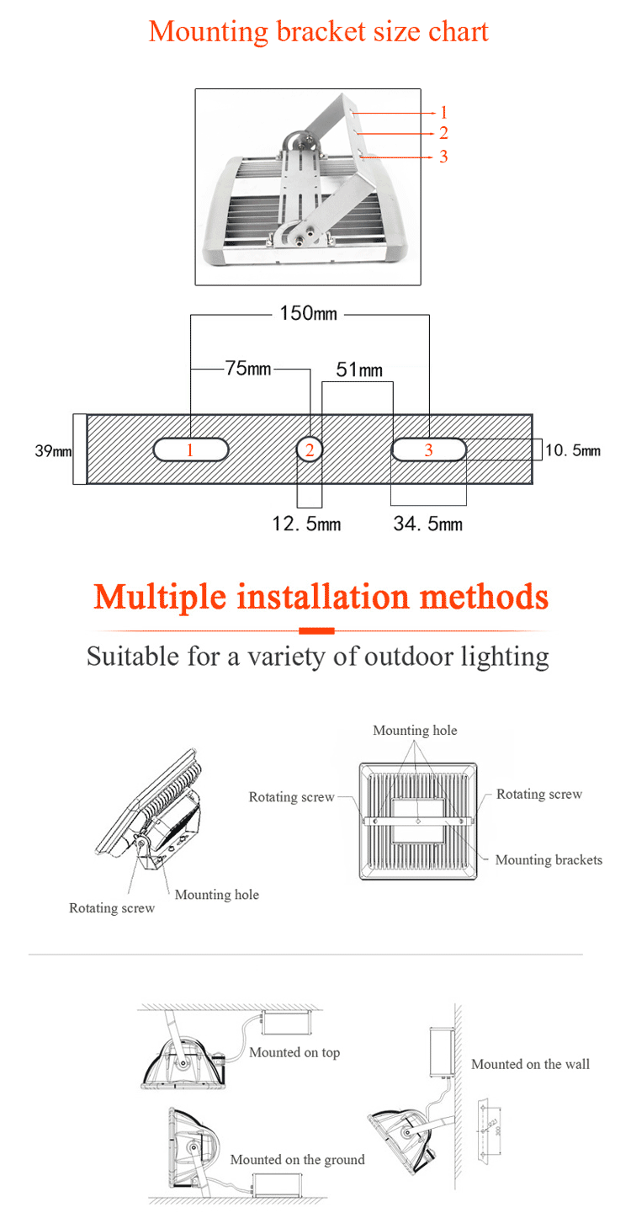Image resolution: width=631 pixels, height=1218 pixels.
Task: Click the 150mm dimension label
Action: click(x=308, y=314)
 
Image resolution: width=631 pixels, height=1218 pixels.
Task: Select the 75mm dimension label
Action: click(x=248, y=369)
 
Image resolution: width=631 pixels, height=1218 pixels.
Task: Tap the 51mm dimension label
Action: click(x=359, y=370)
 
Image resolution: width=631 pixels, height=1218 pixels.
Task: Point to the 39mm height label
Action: click(x=52, y=450)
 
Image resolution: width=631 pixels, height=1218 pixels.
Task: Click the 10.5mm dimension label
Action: click(x=573, y=450)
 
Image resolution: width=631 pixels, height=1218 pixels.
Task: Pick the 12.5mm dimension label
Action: click(x=306, y=524)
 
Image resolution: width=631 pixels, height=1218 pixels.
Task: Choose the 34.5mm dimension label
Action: click(x=427, y=524)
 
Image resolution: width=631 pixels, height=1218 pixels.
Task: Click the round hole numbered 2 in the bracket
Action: click(x=310, y=450)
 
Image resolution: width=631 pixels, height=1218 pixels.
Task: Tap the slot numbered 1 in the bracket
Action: click(x=190, y=450)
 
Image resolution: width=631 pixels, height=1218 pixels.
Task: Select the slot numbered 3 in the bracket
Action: click(x=428, y=450)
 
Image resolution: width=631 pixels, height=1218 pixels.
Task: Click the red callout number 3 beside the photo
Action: click(x=443, y=157)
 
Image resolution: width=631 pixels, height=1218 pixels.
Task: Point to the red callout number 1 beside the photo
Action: click(x=443, y=112)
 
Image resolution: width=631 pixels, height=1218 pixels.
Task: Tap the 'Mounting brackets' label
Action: click(x=549, y=859)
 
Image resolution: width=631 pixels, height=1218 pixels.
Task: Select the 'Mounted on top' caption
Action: click(x=294, y=1052)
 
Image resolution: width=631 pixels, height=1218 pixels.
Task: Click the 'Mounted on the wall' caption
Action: click(x=530, y=1064)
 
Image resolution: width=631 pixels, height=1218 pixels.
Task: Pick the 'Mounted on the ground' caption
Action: click(x=297, y=1159)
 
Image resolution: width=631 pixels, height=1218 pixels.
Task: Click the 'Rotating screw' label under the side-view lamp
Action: click(x=112, y=907)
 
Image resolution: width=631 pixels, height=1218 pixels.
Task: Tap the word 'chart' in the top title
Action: click(x=459, y=32)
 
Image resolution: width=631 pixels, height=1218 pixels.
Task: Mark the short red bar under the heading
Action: click(x=317, y=630)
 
